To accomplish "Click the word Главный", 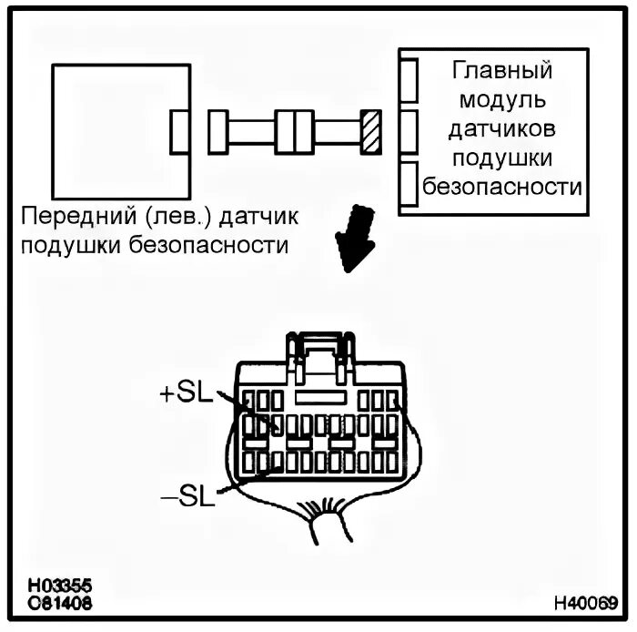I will point(502,70).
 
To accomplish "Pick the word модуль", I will point(502,98).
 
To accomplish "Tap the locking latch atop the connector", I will point(319,351).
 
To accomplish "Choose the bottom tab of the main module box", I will point(409,182).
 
